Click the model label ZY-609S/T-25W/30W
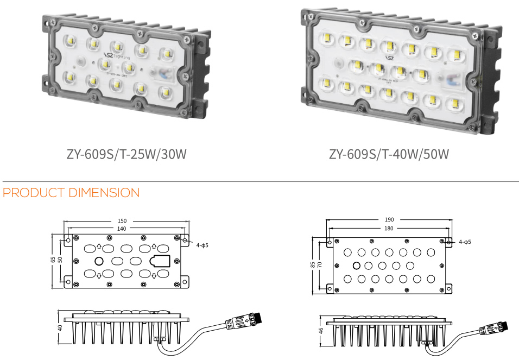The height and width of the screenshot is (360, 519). (x=126, y=154)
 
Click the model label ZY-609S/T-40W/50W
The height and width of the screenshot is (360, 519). (x=389, y=154)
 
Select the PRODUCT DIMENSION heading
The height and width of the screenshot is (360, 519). (x=71, y=193)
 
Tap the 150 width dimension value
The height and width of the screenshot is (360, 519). (x=122, y=221)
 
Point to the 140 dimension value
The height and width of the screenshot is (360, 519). (x=122, y=229)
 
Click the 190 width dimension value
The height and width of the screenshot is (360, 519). (x=389, y=220)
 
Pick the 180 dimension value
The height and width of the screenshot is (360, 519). (x=389, y=229)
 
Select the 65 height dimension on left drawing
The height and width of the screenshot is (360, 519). (x=53, y=260)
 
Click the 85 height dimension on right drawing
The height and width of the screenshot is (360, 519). (x=313, y=265)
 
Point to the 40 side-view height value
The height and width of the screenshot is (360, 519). (x=60, y=327)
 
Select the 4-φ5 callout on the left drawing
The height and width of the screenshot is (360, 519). (x=202, y=245)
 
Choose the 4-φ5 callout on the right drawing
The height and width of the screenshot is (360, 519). (x=464, y=242)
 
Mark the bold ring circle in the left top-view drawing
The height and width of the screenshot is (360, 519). (x=99, y=261)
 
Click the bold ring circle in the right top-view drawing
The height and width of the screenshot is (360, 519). (x=356, y=266)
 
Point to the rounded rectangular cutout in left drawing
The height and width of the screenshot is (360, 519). (x=160, y=261)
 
